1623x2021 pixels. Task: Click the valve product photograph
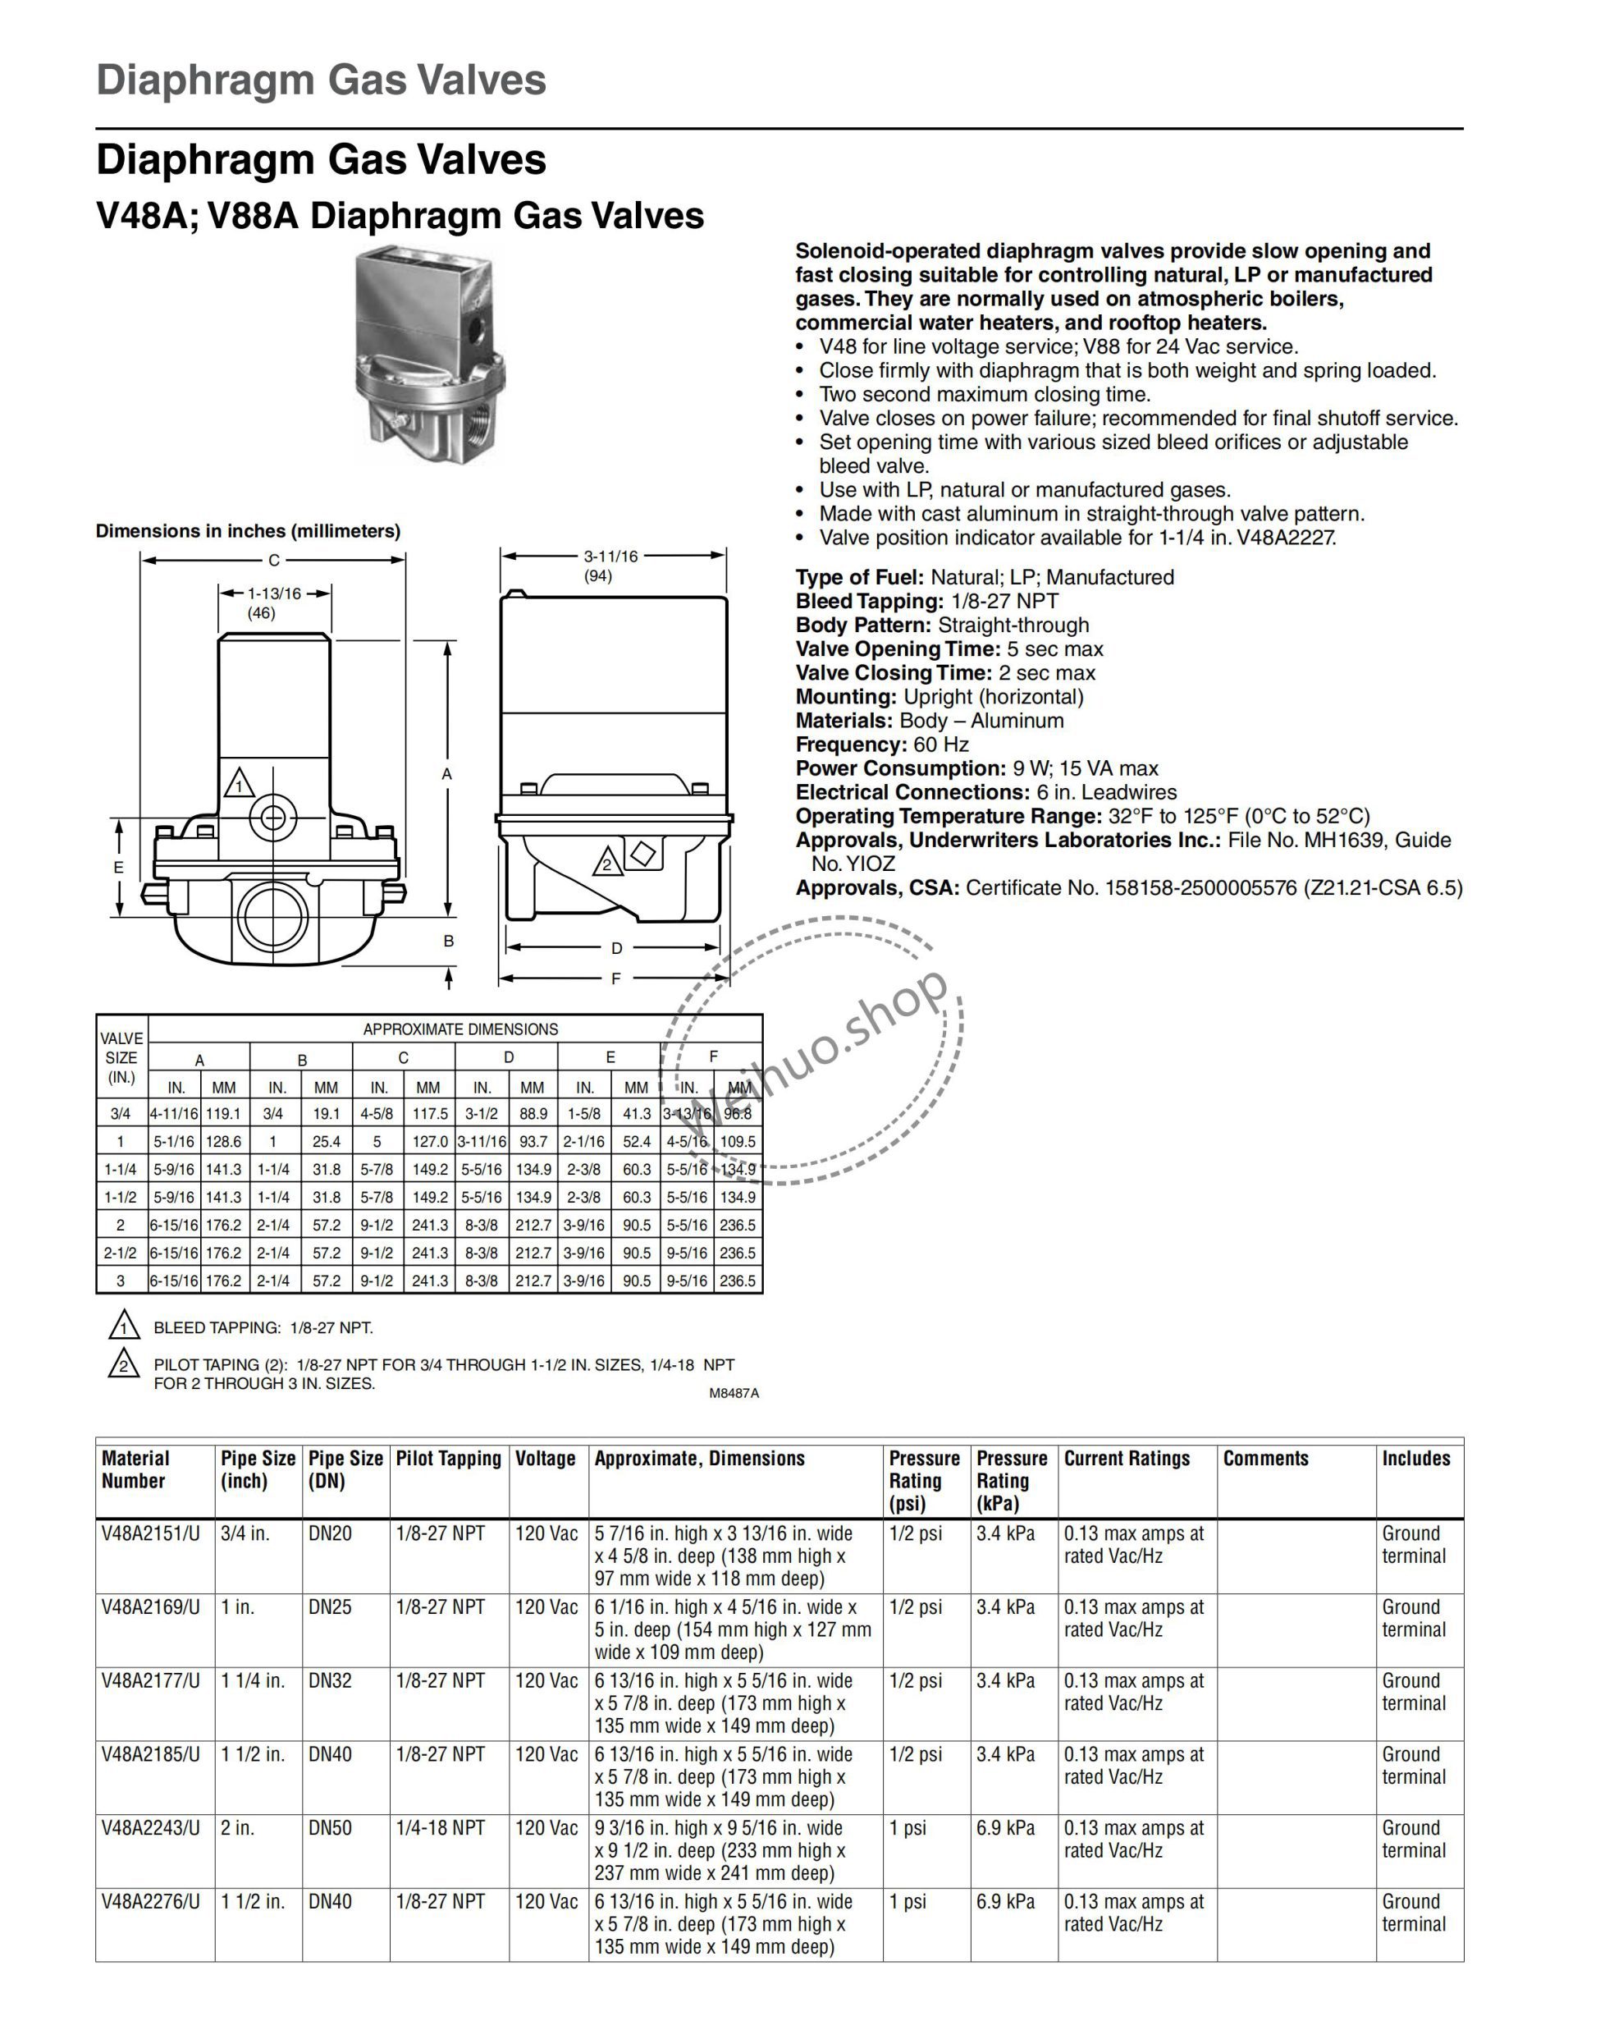[x=429, y=355]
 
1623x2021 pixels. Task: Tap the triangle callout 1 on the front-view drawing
[x=239, y=784]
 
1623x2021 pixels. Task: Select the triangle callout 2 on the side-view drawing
[x=607, y=863]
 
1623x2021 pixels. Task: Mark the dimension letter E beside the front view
[x=119, y=867]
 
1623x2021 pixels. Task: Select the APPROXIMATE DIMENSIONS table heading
[x=460, y=1029]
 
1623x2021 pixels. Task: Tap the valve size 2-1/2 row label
[x=121, y=1253]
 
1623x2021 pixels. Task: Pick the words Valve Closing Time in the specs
[x=892, y=673]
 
